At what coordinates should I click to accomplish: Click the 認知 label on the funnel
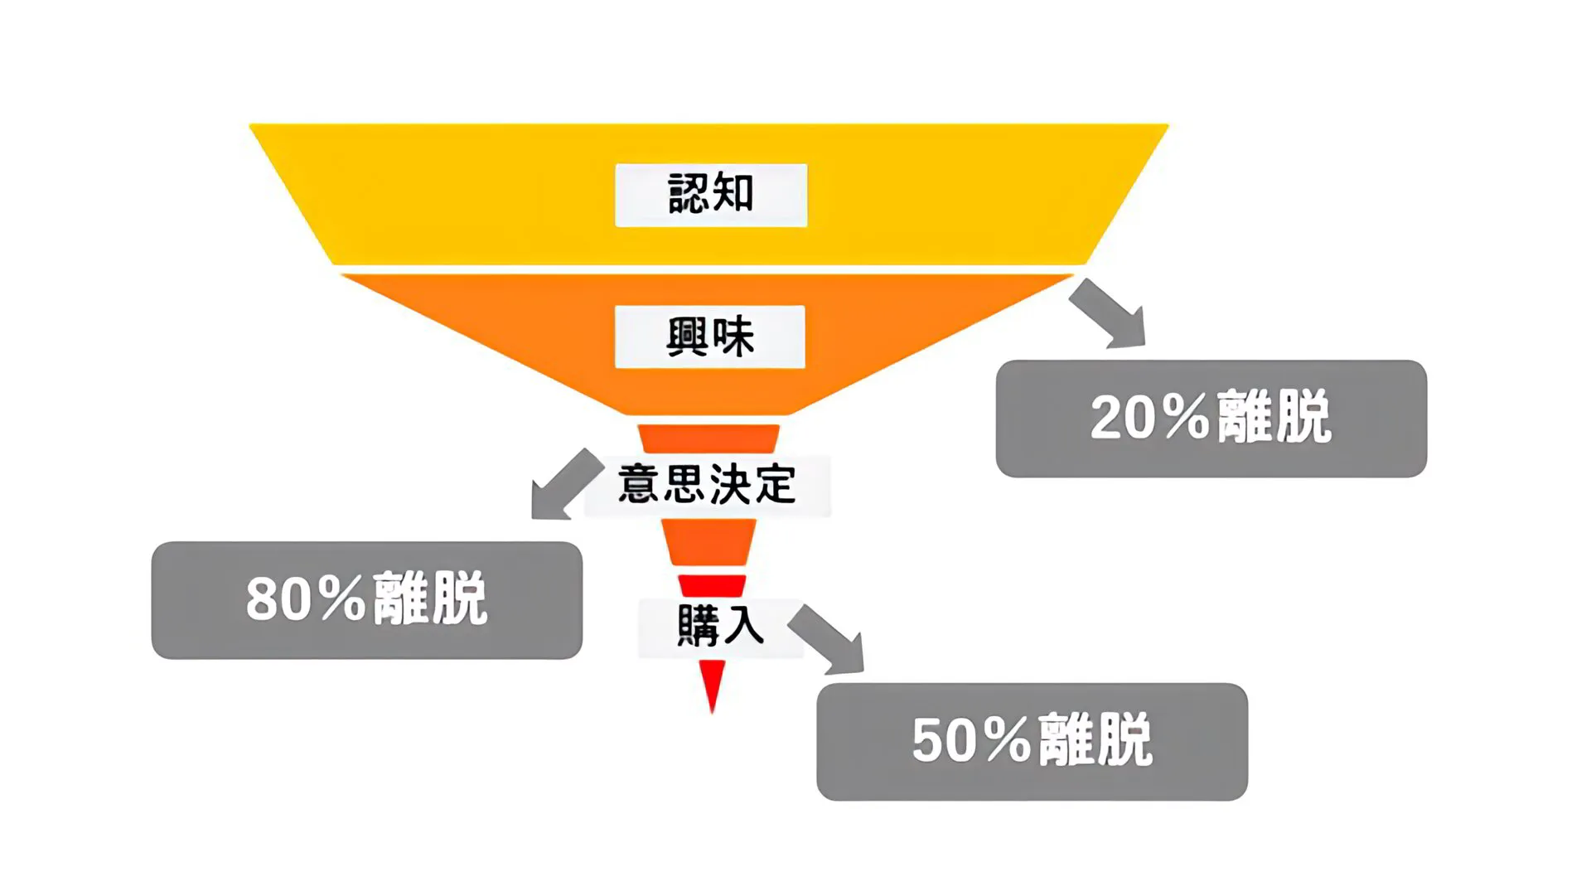pos(711,195)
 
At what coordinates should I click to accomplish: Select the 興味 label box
pos(710,337)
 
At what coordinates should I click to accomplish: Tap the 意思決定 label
pos(707,485)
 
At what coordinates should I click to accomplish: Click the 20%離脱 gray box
pos(1211,419)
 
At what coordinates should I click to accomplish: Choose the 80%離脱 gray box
pos(366,600)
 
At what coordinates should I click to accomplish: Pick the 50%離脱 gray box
pos(1032,742)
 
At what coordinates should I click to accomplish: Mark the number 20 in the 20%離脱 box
pos(1123,417)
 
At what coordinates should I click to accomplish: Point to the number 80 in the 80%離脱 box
pos(278,598)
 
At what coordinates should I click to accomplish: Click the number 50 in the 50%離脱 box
pos(945,739)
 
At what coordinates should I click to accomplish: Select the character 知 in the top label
pos(733,193)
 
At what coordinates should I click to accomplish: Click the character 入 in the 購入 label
pos(742,625)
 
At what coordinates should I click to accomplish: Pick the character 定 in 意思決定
pos(775,484)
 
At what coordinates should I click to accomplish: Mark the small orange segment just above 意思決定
pos(708,438)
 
